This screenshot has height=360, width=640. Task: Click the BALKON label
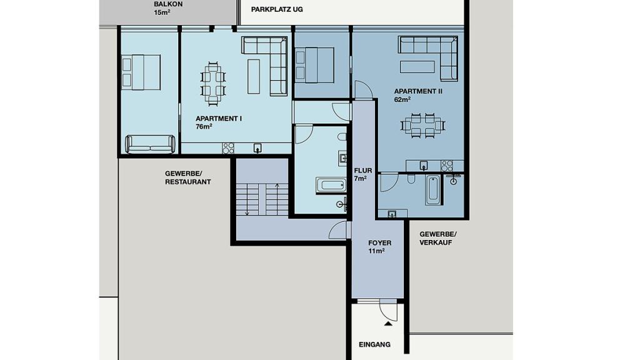[x=168, y=4]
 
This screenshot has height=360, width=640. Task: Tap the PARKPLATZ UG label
[x=277, y=9]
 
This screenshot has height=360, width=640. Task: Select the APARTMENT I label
[x=218, y=118]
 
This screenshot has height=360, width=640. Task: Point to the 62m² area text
[x=402, y=99]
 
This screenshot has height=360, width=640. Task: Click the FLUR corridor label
[x=363, y=170]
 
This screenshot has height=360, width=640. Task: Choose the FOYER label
[x=379, y=243]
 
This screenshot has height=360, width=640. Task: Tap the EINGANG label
[x=375, y=344]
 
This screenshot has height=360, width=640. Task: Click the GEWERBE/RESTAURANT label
[x=187, y=177]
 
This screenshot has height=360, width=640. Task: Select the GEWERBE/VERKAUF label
[x=438, y=238]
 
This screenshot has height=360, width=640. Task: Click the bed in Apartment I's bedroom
[x=141, y=72]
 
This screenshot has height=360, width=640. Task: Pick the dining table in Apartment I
[x=212, y=83]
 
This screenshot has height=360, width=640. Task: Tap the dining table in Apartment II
[x=422, y=125]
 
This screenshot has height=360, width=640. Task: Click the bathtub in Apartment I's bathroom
[x=331, y=185]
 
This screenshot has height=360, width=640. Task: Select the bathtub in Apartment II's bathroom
[x=432, y=191]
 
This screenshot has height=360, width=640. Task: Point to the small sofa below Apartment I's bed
[x=150, y=144]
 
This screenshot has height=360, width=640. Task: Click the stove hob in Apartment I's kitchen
[x=228, y=148]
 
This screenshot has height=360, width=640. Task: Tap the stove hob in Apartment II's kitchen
[x=447, y=166]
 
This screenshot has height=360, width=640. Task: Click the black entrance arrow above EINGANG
[x=388, y=324]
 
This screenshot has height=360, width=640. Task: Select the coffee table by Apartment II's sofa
[x=417, y=66]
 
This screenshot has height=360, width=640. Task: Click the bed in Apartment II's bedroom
[x=314, y=65]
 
